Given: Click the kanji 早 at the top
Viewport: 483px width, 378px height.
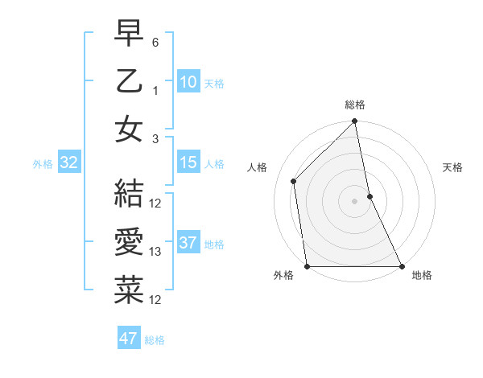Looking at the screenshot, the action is [x=128, y=35].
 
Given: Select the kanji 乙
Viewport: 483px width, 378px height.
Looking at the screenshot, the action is [x=128, y=82].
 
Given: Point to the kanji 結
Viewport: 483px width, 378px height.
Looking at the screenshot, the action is [x=128, y=194].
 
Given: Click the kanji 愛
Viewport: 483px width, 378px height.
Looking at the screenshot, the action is [x=128, y=242].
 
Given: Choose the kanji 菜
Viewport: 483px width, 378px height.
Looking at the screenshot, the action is [x=128, y=290].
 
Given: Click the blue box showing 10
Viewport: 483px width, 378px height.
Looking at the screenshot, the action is [x=188, y=82].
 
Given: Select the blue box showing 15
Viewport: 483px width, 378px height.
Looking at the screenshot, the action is [x=188, y=162].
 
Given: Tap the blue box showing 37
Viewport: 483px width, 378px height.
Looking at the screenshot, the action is [x=188, y=243].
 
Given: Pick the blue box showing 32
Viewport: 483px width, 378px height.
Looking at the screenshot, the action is [x=68, y=162].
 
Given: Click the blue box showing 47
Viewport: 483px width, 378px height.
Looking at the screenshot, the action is [x=128, y=339].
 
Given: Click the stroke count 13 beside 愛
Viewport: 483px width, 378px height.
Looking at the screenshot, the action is [x=156, y=252].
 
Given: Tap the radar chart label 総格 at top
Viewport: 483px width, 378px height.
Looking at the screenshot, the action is [x=355, y=105].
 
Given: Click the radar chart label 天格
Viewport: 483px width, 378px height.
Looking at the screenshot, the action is [x=452, y=167].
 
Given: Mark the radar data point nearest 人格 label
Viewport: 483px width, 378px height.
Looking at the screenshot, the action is [x=294, y=181].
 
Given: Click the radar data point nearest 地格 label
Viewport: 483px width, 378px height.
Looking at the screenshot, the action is [x=402, y=266].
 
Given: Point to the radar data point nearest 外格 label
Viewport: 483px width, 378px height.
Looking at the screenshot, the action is [x=308, y=266].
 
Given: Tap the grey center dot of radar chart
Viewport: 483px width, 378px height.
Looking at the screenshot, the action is [x=355, y=201].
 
